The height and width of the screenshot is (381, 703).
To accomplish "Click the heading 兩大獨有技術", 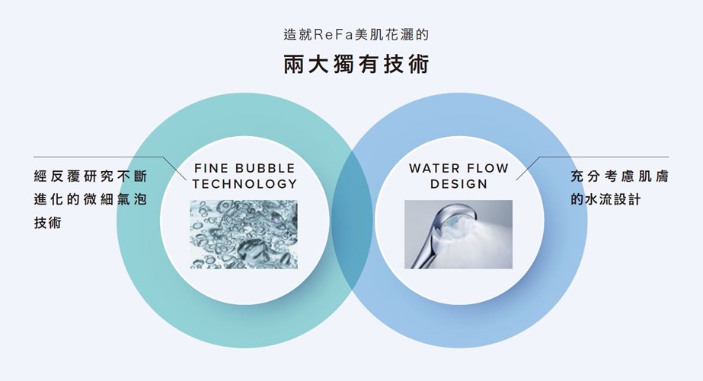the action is pos(356,64).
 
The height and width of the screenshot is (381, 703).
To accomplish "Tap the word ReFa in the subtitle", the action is pos(334,34).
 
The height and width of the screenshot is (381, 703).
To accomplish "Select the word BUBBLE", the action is pos(265,168).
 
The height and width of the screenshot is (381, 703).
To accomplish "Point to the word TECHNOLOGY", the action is pos(244,183).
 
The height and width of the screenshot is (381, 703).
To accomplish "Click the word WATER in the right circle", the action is pos(434,168).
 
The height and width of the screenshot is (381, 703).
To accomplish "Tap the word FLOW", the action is pos(487,168).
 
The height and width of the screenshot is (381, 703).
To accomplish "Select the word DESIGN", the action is pos(459,184).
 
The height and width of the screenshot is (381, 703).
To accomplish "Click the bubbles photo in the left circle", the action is pos(244,234).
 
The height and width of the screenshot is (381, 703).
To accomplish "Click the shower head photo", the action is pos(459,234).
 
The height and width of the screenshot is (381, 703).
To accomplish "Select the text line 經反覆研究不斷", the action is pos(91,176).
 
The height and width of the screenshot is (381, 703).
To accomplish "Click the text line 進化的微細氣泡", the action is pos(91,199).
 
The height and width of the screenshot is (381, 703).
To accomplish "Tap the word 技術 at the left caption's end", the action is pos(47,223).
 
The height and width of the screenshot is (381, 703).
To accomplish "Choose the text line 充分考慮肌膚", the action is pos(620,176).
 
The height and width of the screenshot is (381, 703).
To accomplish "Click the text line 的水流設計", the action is pos(606,199).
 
